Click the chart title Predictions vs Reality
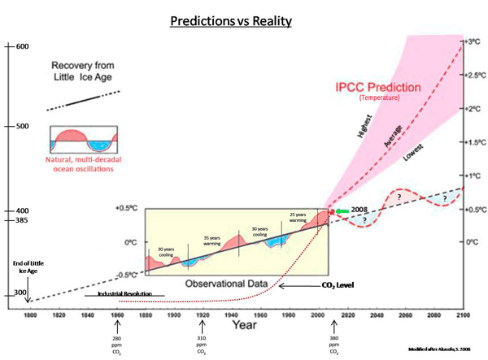[243, 18]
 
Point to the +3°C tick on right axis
[472, 40]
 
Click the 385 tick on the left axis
[20, 220]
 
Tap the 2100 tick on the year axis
[463, 314]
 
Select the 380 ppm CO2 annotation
[333, 345]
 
